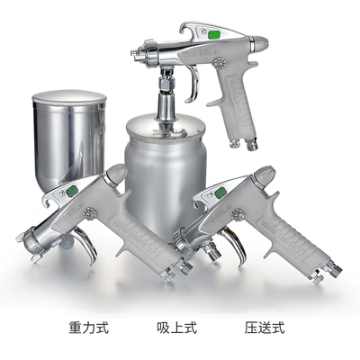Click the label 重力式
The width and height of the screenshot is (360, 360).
coord(88,328)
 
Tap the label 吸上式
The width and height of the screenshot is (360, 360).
coord(177,328)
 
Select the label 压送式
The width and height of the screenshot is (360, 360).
coord(265,328)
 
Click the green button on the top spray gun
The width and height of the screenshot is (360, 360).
coord(214,34)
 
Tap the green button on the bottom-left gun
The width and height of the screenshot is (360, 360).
coord(72,190)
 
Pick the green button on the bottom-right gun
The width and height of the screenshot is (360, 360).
coord(220,193)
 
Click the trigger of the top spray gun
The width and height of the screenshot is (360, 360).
coord(193,83)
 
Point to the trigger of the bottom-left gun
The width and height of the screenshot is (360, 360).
coord(87,245)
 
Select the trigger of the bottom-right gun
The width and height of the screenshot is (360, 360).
coord(236,247)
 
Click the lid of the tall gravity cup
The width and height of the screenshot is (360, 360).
coord(69,96)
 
